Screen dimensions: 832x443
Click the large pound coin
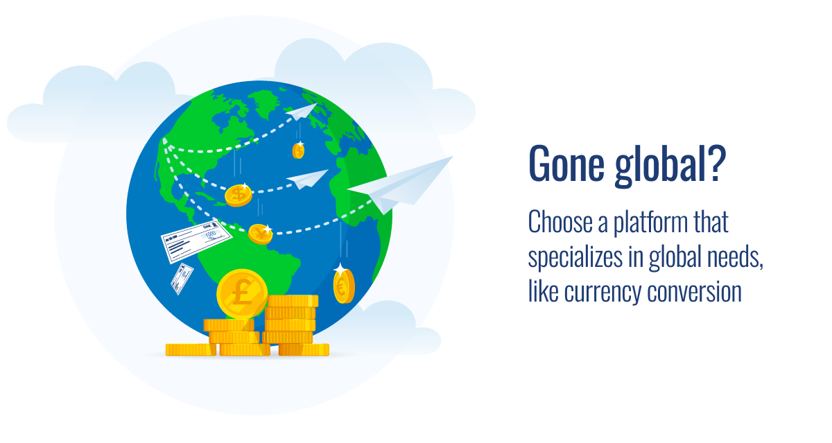click(242, 294)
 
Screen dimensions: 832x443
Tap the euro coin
click(344, 286)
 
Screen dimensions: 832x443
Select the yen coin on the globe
click(260, 234)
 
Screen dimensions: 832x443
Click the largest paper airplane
click(400, 186)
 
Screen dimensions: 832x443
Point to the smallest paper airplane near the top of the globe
click(301, 112)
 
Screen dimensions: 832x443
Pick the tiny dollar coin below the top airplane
click(298, 150)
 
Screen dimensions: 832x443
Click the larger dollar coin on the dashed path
click(239, 196)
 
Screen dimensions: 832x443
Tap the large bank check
click(196, 241)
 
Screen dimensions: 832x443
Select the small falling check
click(182, 279)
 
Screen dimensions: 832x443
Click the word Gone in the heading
click(567, 164)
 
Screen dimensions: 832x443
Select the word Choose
click(560, 222)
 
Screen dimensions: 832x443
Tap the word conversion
click(694, 292)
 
